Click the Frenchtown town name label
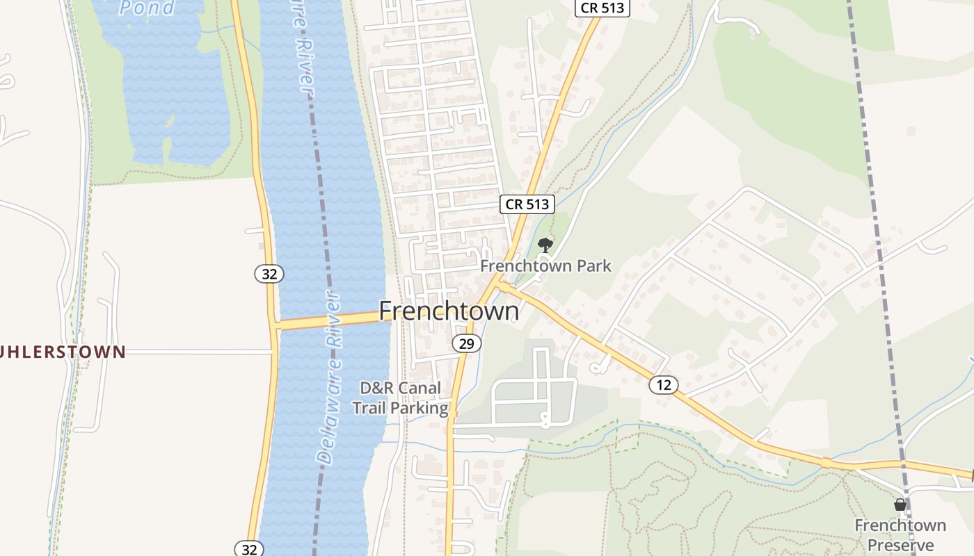coord(449,311)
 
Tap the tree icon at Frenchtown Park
coord(546,245)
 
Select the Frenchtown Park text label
coord(546,265)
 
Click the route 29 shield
coord(466,343)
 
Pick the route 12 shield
coord(664,384)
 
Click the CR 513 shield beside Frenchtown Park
coord(527,204)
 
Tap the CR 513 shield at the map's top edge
coord(602,8)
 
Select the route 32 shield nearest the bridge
coord(269,274)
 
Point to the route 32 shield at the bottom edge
coord(249,549)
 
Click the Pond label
coord(147,8)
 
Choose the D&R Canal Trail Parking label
coord(400,398)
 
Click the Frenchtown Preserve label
coord(900,534)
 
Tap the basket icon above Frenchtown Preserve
coord(900,505)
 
